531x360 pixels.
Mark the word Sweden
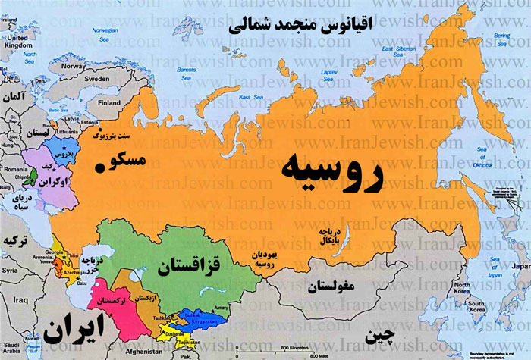tap(96, 78)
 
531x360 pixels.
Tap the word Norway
tap(74, 66)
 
